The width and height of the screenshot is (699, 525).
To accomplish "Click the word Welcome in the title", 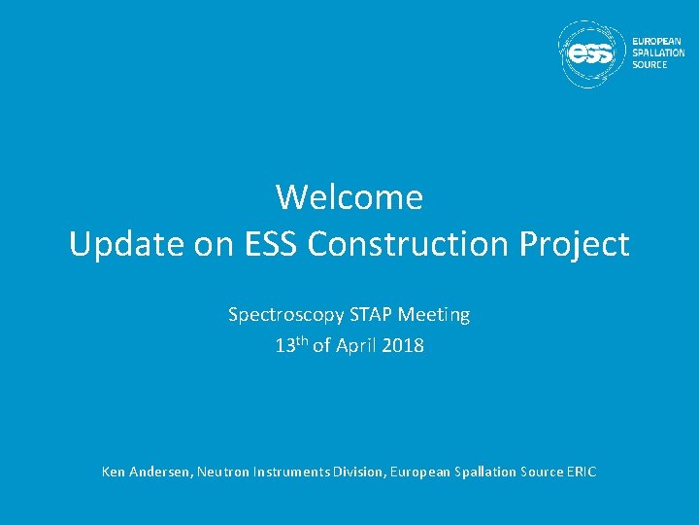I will click(x=349, y=197).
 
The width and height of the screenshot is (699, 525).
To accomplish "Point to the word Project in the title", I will click(x=575, y=245).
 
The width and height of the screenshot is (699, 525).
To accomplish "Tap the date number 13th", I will click(x=291, y=345).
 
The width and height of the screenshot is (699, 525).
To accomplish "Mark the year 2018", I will click(x=404, y=345).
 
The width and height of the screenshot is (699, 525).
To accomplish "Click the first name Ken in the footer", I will click(x=114, y=472).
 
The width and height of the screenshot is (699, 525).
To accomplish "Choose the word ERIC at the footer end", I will click(x=581, y=472).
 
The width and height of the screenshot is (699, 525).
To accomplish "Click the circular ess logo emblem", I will click(x=592, y=54).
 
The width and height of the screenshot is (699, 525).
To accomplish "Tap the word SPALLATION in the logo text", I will click(x=658, y=52).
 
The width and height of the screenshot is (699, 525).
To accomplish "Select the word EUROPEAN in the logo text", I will click(x=656, y=41).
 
